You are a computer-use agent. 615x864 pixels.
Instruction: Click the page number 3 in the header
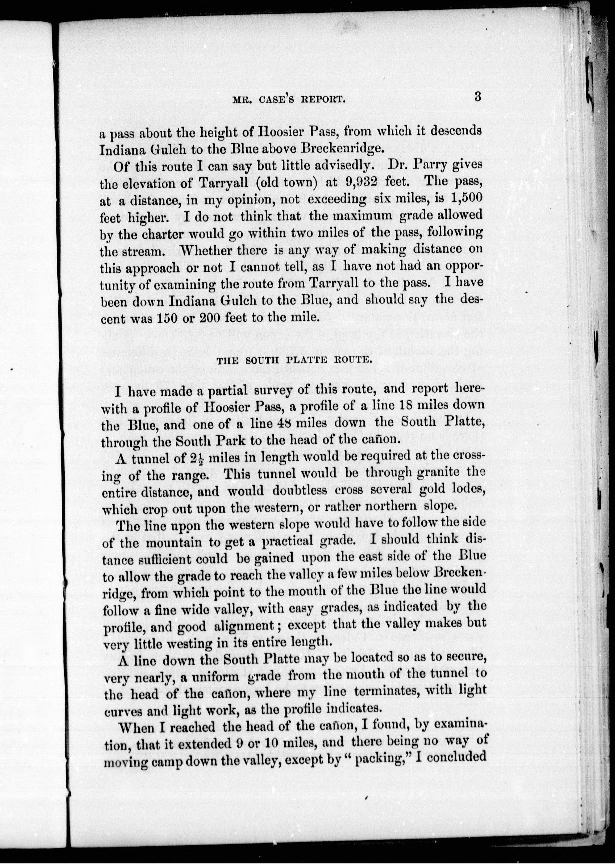click(477, 97)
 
